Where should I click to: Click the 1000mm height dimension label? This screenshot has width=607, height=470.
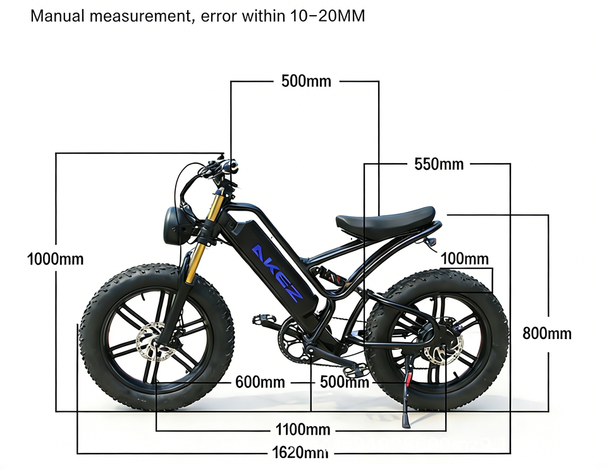(x=56, y=259)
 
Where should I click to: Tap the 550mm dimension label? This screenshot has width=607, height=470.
(x=439, y=164)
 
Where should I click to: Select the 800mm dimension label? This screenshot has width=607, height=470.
(x=547, y=333)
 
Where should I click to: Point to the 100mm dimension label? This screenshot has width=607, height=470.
(x=465, y=258)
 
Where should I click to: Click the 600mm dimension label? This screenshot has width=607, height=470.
(x=260, y=382)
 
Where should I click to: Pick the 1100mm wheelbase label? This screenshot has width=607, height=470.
(x=303, y=430)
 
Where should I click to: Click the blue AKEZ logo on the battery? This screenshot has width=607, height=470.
(x=278, y=272)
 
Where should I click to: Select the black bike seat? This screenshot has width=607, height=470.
(x=385, y=219)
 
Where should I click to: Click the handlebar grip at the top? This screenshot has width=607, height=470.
(x=230, y=166)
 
